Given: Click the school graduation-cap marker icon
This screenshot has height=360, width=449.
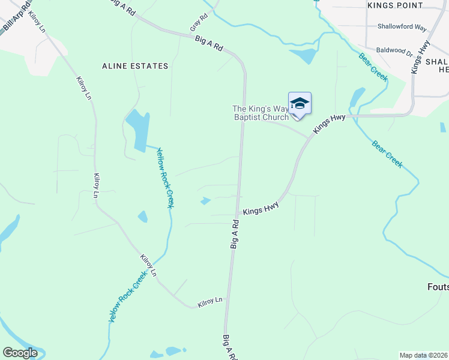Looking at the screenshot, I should click(x=300, y=104).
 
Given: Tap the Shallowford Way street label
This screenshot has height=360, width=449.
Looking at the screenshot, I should click(x=402, y=27).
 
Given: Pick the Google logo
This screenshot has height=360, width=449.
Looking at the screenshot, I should click(x=20, y=352).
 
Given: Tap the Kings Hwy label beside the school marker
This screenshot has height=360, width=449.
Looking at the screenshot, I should click(x=330, y=123).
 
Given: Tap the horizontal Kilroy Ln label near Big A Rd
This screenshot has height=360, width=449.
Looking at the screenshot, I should click(x=210, y=299).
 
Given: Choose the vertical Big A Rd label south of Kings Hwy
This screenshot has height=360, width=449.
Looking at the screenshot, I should click(x=235, y=234).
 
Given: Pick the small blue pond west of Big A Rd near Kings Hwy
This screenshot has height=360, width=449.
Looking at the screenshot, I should click(x=205, y=201).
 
